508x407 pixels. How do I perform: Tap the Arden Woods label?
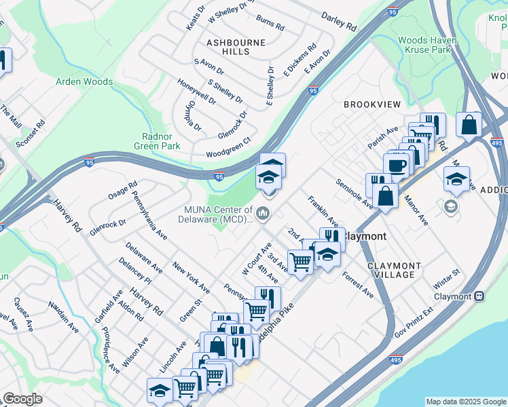(x=84, y=82)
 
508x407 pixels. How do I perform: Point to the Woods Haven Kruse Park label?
(x=427, y=45)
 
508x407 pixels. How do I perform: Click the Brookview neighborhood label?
(x=371, y=104)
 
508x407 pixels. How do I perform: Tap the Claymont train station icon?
(x=479, y=296)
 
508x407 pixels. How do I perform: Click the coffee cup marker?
(x=396, y=165)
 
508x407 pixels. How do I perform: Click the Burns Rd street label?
(x=270, y=24)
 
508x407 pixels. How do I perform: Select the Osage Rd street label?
(x=122, y=190)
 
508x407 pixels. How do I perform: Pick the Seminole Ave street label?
(x=353, y=193)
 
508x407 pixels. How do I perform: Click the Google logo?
(x=22, y=399)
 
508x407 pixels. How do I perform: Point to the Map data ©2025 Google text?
(x=466, y=402)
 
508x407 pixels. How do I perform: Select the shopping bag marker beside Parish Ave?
(x=469, y=124)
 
